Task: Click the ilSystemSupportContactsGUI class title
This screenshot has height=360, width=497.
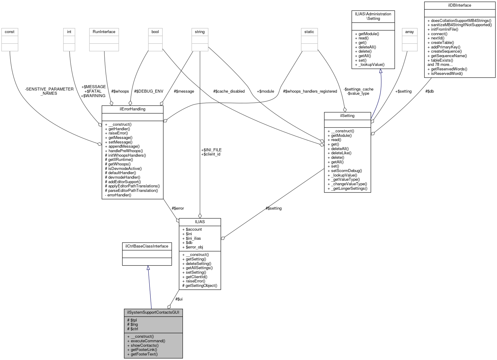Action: [153, 312]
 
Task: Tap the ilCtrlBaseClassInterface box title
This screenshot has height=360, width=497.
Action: [147, 246]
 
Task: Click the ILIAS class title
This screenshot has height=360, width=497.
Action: [200, 222]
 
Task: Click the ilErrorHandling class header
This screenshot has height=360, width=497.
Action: [133, 109]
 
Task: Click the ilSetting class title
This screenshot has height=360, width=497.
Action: [347, 115]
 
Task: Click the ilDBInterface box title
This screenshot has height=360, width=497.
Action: [459, 5]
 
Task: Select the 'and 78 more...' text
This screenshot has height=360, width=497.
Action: [440, 64]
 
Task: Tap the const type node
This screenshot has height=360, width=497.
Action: [10, 32]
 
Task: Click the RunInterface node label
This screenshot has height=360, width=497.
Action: [104, 32]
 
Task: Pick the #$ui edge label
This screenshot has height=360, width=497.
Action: [179, 299]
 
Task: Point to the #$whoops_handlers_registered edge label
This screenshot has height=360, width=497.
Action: [310, 91]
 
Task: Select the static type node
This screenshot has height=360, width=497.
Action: [309, 32]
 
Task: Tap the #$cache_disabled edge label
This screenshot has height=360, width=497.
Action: [229, 91]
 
